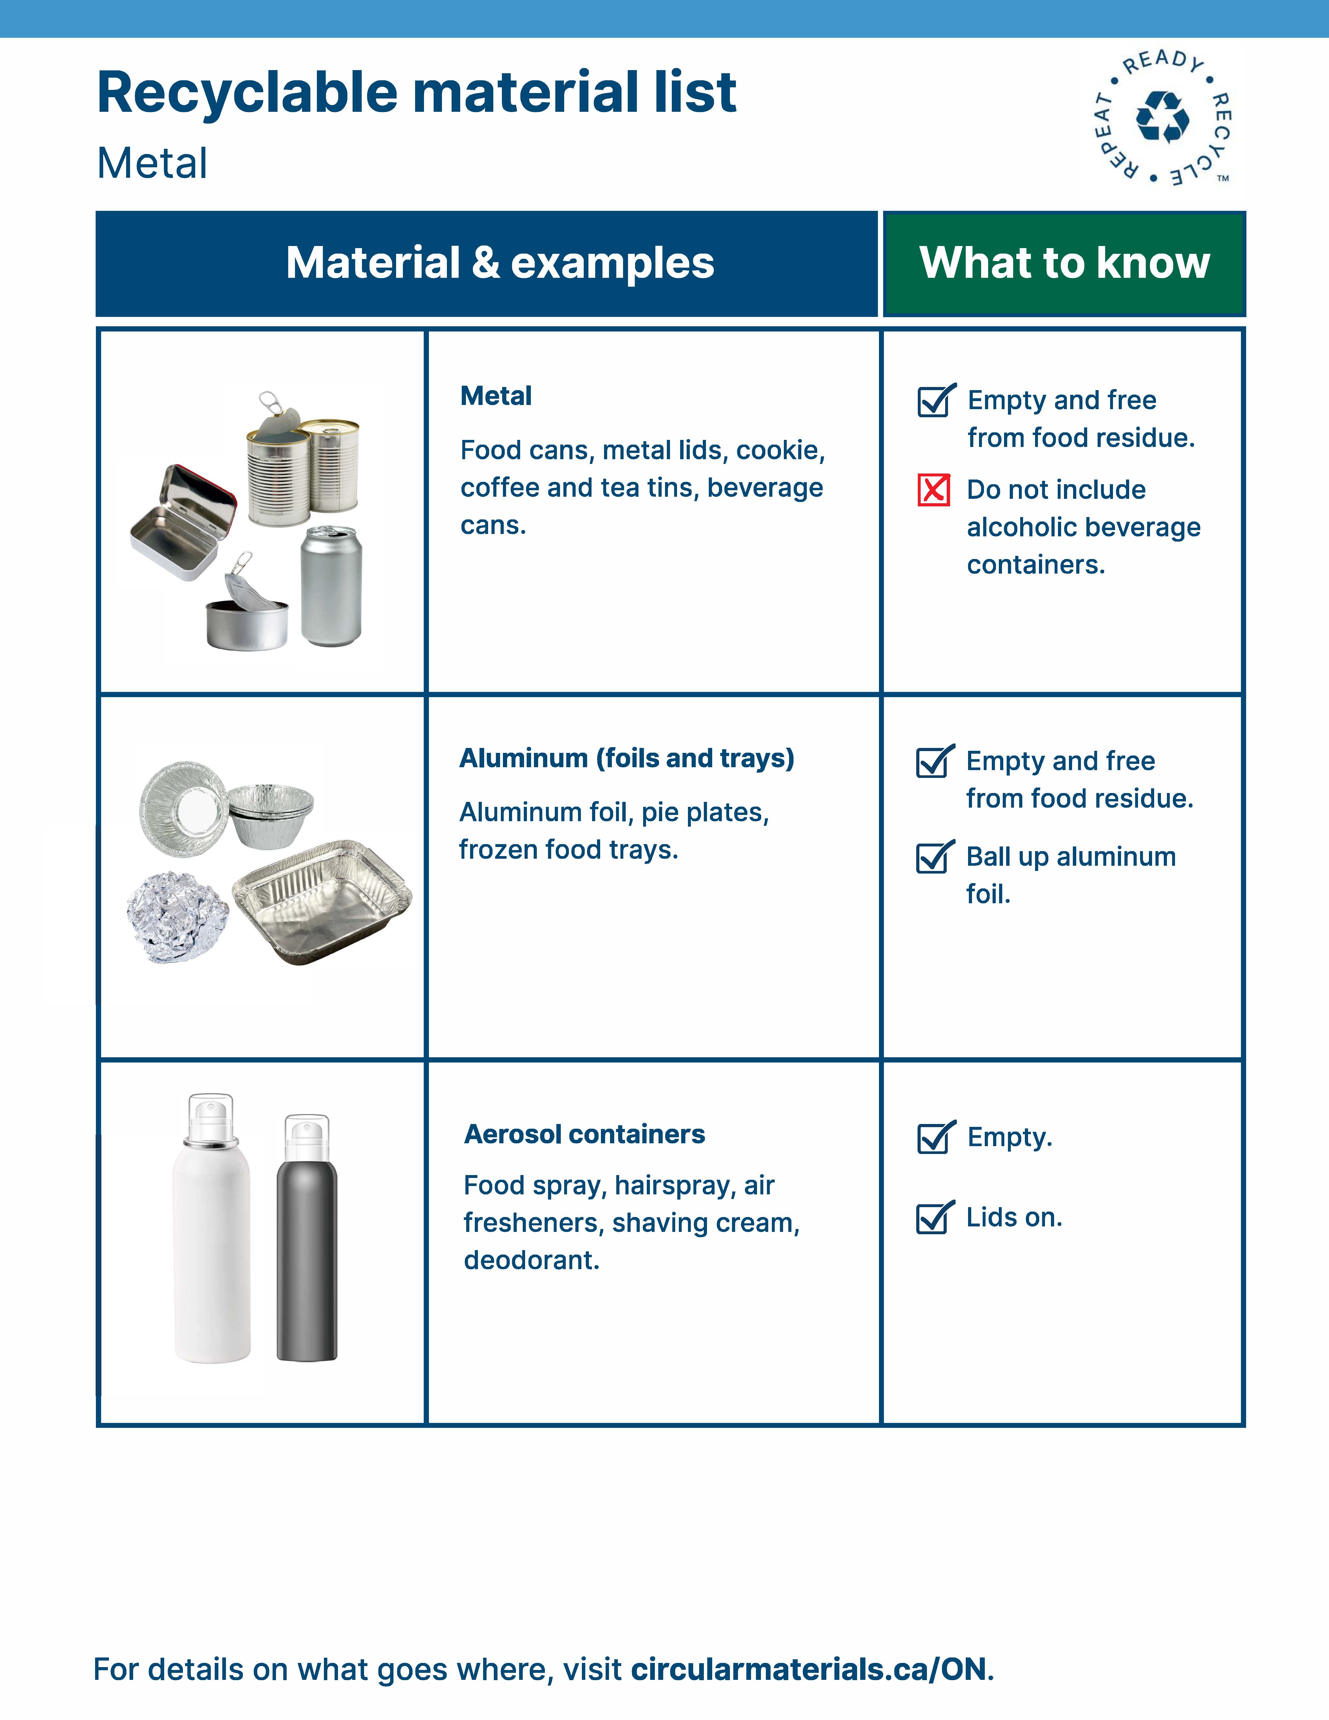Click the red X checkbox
(934, 490)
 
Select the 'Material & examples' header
(500, 263)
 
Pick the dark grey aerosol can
(307, 1244)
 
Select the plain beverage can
(331, 587)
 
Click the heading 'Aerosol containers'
(584, 1134)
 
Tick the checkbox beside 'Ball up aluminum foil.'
(934, 857)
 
